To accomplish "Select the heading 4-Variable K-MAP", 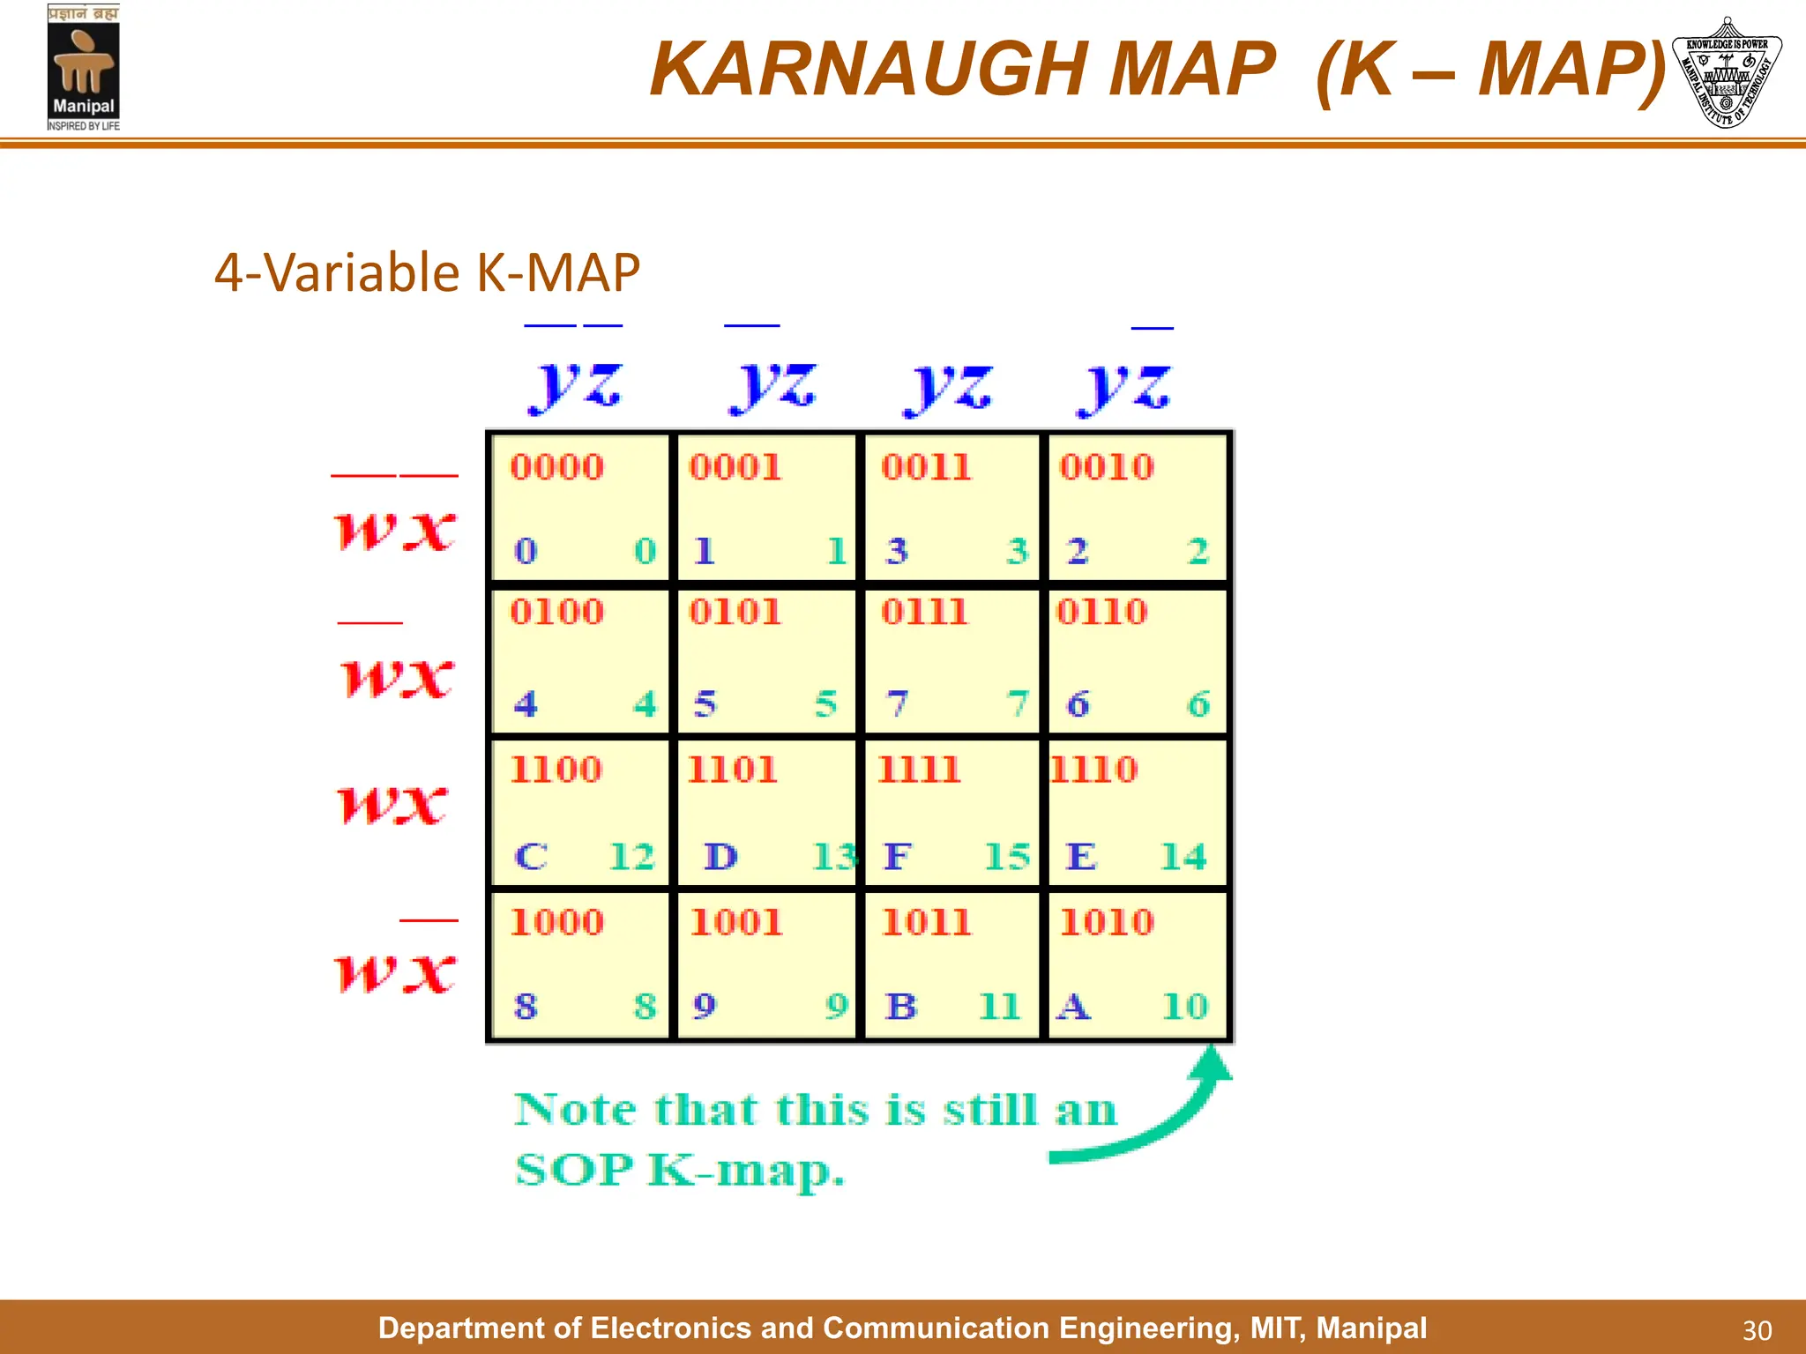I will tap(427, 272).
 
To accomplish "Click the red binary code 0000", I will tap(557, 467).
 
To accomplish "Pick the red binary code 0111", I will tap(924, 612).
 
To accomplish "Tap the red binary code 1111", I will tap(919, 770).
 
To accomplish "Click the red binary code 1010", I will tap(1107, 923).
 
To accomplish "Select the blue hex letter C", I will tap(531, 857).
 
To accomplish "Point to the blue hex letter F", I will tap(897, 857).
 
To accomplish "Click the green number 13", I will tap(832, 857).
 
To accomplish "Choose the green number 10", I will tap(1184, 1007).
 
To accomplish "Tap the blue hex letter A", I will tap(1073, 1007).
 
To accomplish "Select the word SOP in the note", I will tap(573, 1171).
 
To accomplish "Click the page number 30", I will tap(1757, 1330).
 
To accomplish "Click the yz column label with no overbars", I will tap(948, 388).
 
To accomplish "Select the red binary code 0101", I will tap(735, 612).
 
